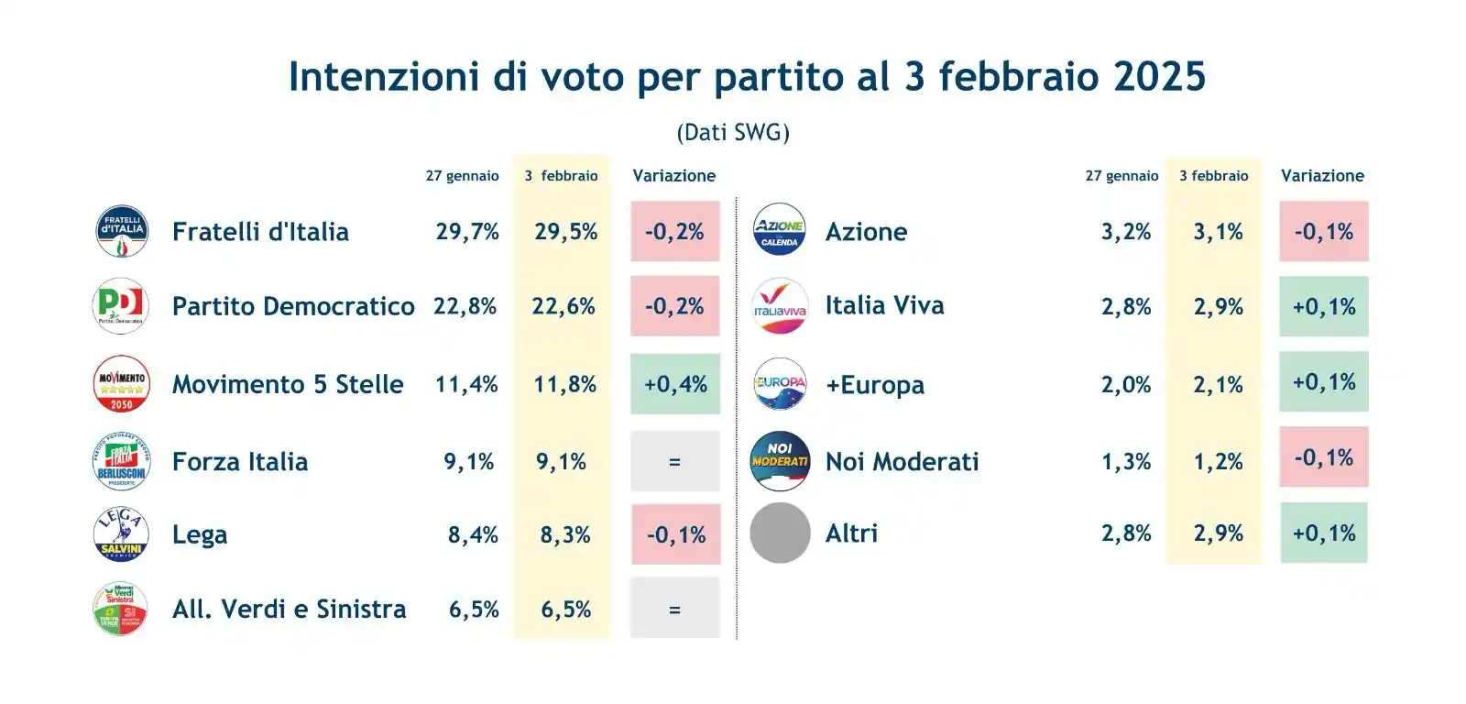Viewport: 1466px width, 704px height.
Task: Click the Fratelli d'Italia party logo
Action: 122,231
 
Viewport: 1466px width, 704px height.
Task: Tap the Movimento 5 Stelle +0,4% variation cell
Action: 675,384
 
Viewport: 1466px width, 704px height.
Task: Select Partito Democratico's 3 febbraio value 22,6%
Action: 563,306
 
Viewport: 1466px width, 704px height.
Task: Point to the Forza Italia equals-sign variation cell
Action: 675,462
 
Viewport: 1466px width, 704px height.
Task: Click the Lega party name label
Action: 200,535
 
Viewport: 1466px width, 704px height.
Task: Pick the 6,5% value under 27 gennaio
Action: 474,610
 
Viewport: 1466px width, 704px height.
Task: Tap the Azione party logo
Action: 780,230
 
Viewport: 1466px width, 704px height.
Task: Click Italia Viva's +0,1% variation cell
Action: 1324,307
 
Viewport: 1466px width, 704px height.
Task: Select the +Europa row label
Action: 875,385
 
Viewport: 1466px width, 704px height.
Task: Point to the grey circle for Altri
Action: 780,533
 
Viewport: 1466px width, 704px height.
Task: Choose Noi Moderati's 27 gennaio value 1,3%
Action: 1126,462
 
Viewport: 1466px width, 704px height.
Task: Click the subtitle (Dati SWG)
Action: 733,133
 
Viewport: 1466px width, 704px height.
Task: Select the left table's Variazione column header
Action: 674,176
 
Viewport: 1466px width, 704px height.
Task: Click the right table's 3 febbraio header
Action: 1213,176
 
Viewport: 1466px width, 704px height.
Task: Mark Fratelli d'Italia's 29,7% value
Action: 467,232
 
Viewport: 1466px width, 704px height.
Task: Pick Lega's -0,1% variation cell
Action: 676,535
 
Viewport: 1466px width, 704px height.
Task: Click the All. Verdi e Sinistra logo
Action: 121,609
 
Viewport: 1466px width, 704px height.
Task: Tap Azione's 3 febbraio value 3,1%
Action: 1218,232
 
